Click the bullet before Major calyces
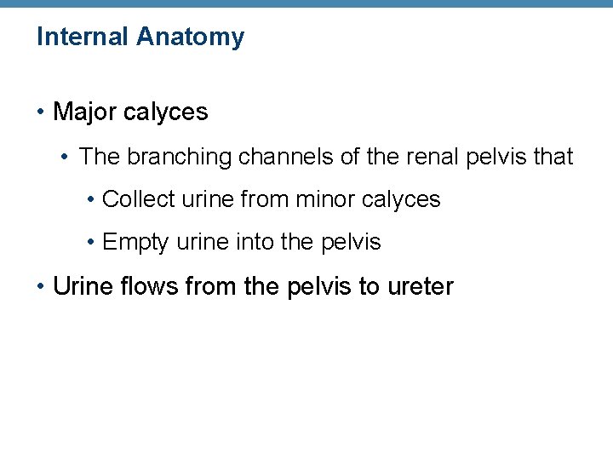click(41, 112)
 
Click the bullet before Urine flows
click(41, 286)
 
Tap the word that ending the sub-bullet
click(552, 157)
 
